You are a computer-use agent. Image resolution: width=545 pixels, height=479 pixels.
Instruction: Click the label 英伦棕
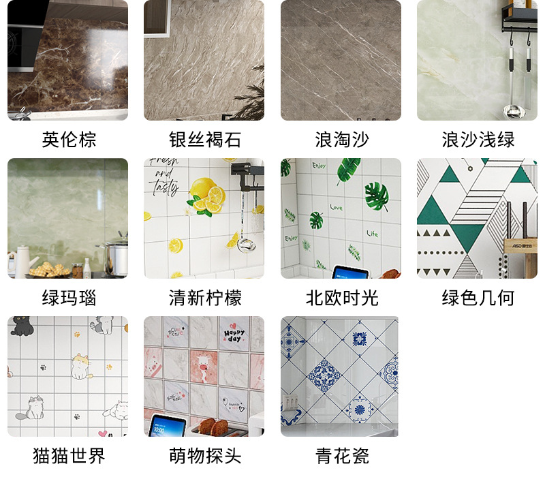point(68,140)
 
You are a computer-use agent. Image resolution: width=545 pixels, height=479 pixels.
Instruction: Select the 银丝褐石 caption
point(204,140)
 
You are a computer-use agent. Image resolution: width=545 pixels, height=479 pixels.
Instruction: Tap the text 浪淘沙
point(341,140)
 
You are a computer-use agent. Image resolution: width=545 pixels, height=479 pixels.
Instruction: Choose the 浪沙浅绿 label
point(478,140)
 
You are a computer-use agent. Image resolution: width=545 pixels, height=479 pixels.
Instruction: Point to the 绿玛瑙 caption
point(68,298)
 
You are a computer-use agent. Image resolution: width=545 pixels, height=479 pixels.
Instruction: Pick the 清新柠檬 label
point(204,298)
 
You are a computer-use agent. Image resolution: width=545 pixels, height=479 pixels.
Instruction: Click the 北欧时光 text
point(341,298)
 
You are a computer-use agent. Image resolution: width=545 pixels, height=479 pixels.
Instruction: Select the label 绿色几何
point(478,298)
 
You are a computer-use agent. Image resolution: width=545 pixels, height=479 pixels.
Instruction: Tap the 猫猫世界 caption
point(68,456)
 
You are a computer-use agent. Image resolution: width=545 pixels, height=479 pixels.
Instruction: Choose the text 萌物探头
point(204,456)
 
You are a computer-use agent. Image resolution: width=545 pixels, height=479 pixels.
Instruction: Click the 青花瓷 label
point(341,456)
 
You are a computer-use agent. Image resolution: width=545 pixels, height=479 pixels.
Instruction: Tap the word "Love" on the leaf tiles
point(336,207)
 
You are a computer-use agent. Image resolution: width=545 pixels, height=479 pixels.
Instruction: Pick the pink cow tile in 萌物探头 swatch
point(204,366)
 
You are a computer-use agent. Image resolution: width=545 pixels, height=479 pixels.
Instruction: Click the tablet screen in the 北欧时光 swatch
point(350,273)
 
